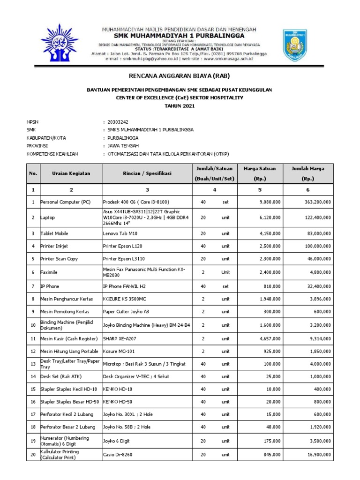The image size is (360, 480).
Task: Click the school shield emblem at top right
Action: (x=295, y=45)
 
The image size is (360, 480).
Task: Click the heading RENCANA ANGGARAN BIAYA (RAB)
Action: (x=180, y=76)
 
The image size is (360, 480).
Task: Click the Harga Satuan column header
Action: (x=260, y=173)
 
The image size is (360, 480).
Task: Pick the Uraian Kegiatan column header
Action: (x=71, y=173)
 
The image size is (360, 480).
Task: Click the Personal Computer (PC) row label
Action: (x=66, y=202)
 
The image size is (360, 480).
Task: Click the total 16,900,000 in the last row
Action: (x=316, y=454)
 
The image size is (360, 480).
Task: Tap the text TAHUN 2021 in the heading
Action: (x=180, y=106)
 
